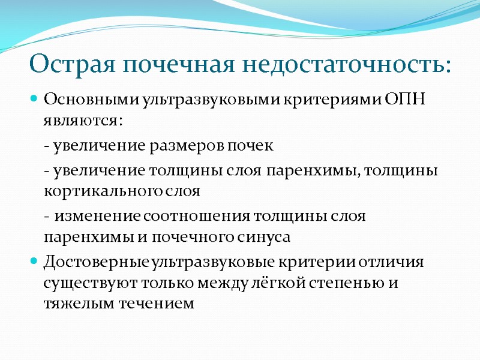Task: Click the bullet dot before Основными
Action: [x=34, y=98]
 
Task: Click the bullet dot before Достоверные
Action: [x=34, y=262]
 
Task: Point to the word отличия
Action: [x=397, y=262]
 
